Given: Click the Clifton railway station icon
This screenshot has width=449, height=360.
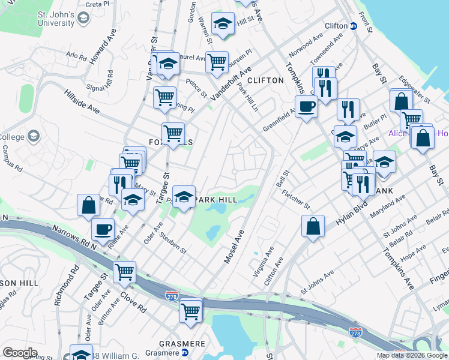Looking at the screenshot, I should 354,26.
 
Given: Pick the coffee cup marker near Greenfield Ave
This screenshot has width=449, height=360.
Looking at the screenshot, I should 306,106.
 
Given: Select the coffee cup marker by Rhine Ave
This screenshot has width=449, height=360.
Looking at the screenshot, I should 103,229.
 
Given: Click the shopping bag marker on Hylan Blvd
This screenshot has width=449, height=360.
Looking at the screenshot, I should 313,226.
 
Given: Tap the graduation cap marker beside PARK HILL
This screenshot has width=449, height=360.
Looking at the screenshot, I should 184,196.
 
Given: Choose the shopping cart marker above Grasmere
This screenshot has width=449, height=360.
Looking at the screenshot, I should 190,310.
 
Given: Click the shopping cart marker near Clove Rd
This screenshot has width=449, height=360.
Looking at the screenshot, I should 124,272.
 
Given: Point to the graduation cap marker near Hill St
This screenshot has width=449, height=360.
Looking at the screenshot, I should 223,24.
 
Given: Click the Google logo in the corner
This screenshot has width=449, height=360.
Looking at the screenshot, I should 20,353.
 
